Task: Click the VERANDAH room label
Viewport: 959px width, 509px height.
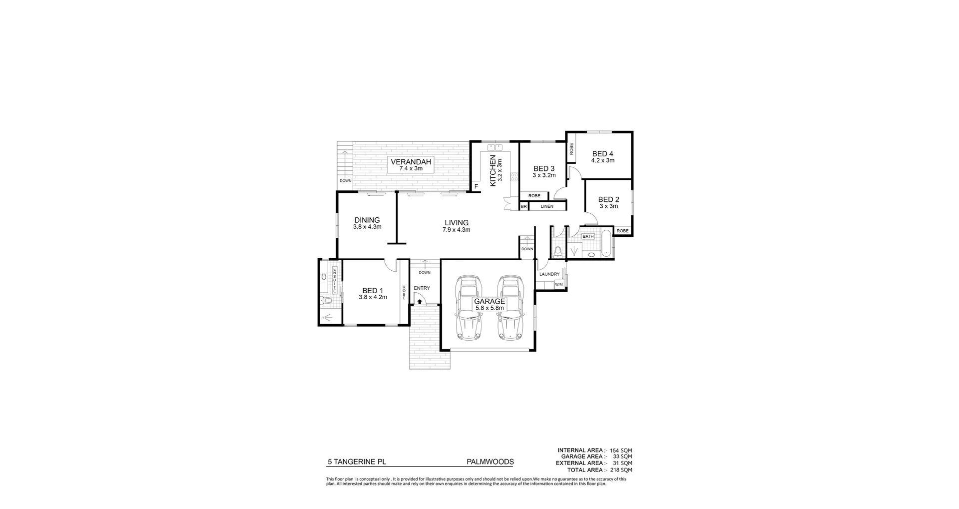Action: click(411, 162)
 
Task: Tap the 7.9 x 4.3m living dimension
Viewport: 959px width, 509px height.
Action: click(456, 230)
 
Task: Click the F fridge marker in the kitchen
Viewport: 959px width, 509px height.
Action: click(476, 187)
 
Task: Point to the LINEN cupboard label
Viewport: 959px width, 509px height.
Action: click(547, 206)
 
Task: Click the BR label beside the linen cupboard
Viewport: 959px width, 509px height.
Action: click(523, 206)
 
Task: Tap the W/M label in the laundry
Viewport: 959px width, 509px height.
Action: click(558, 285)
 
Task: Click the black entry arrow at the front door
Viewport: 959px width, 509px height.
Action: click(420, 301)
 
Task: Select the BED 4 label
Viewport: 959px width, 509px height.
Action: click(602, 154)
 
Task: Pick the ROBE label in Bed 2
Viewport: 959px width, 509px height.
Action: click(622, 231)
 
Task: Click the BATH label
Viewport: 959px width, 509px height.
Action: click(588, 236)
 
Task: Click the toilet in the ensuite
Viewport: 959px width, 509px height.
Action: click(327, 301)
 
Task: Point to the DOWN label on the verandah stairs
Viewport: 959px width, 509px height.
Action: click(346, 181)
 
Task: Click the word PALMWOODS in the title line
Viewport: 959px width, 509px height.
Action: click(489, 462)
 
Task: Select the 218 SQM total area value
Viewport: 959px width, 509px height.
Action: click(621, 470)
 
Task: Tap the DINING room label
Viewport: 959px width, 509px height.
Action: click(367, 220)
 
